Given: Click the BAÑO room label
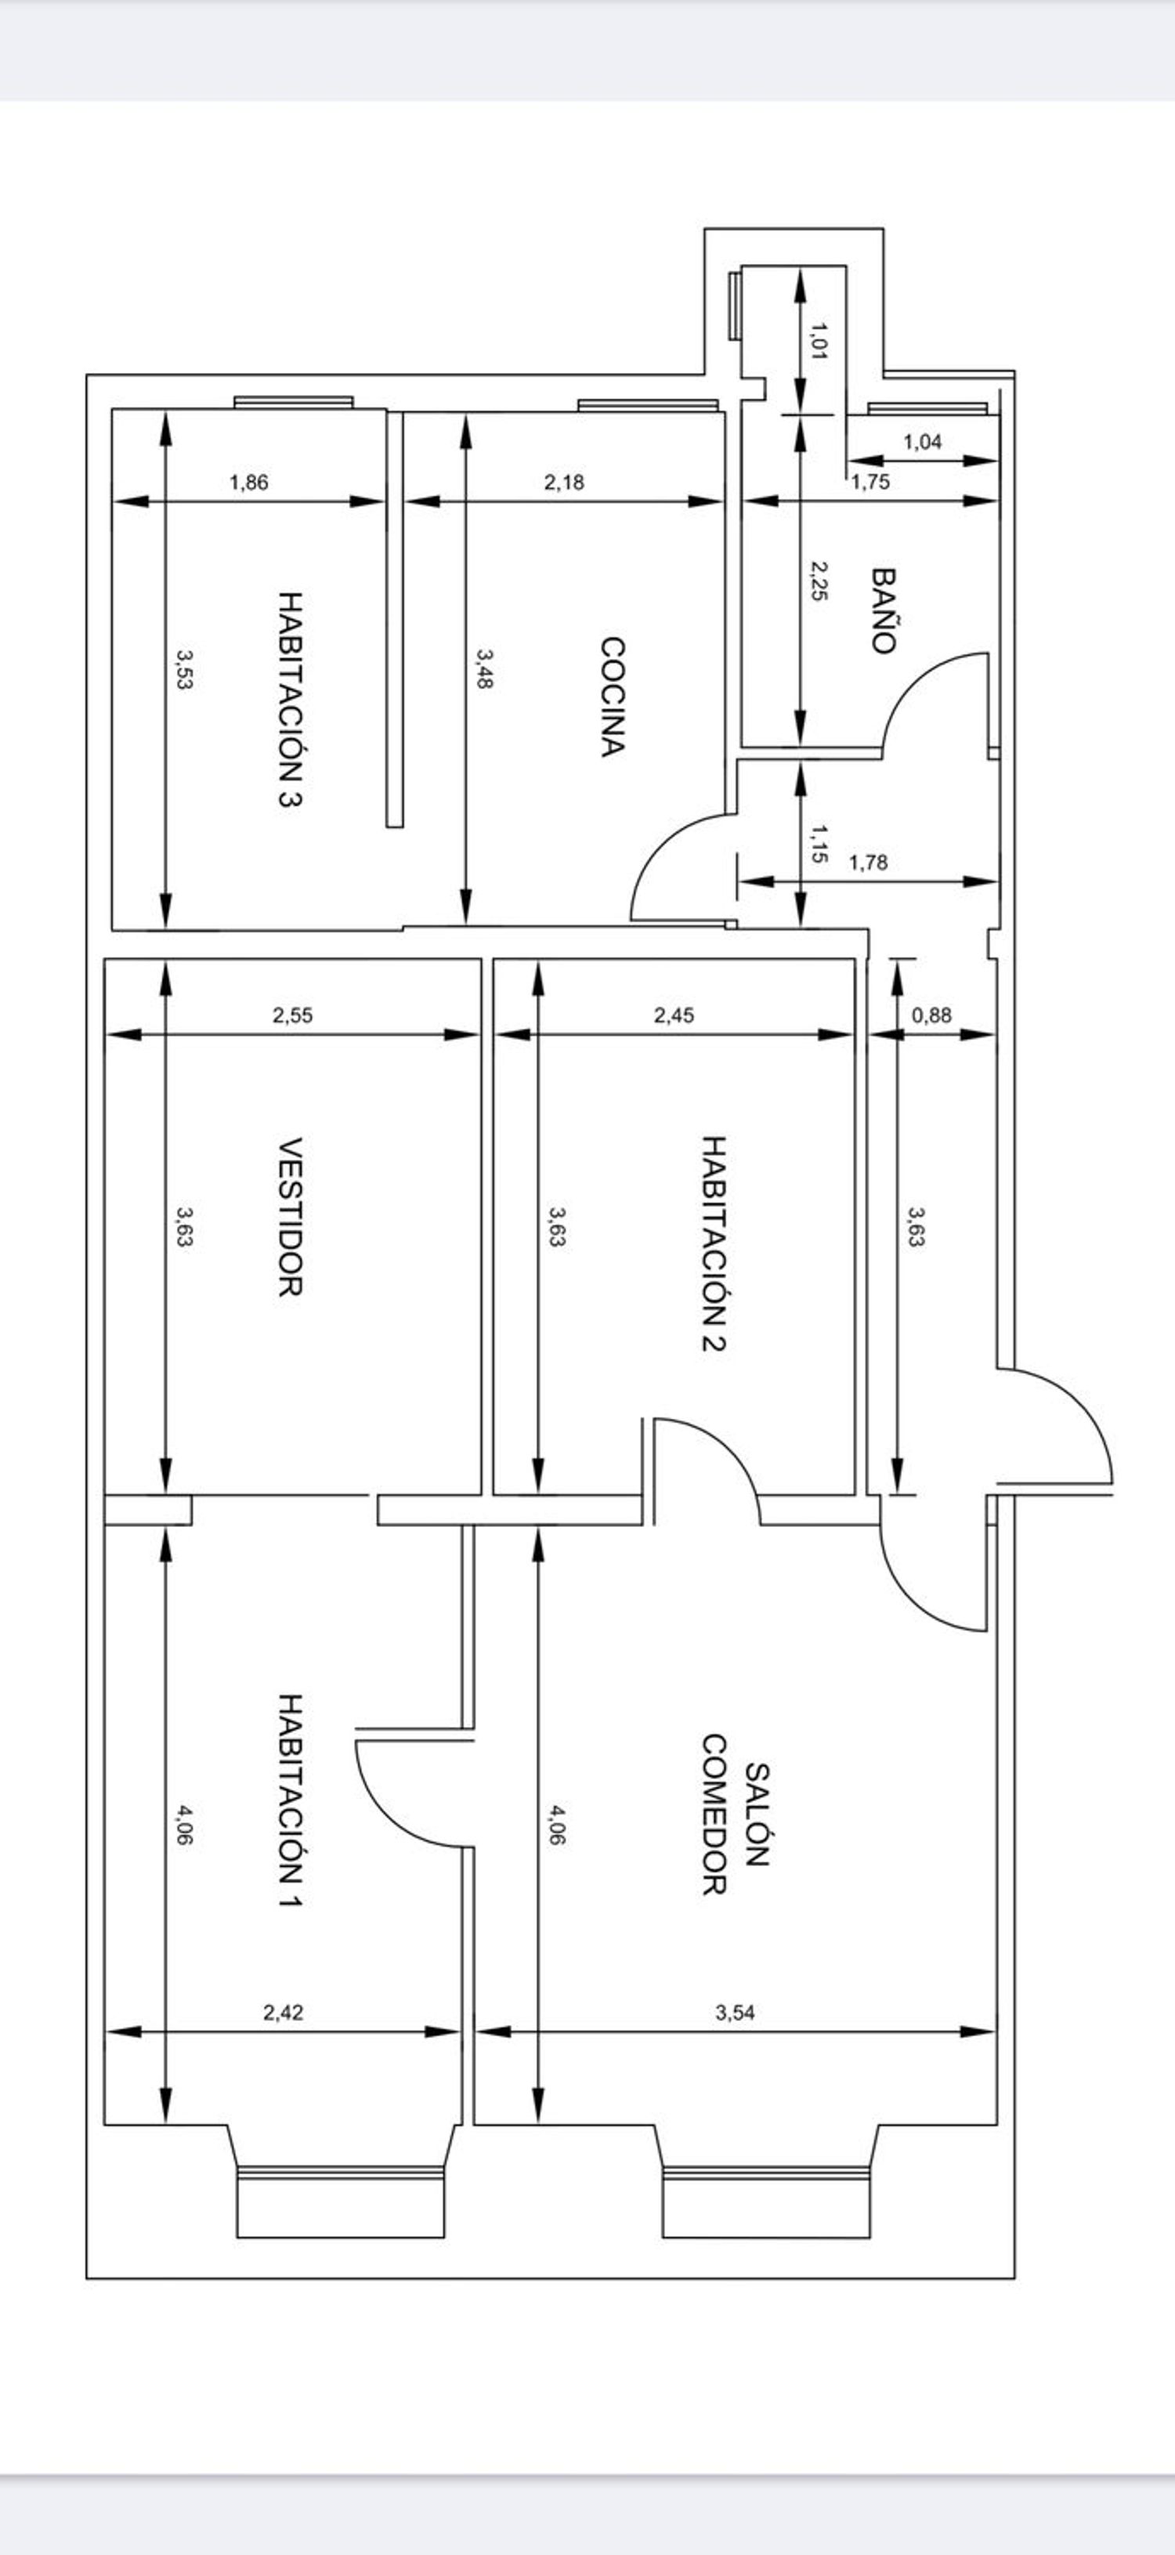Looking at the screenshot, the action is [x=884, y=610].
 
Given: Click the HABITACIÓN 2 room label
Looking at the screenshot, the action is [x=714, y=1243].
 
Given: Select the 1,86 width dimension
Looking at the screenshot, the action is [x=249, y=483].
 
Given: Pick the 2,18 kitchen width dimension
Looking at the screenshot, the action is [x=564, y=483].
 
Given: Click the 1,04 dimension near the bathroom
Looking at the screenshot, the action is [x=922, y=443].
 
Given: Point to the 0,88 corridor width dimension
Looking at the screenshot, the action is [x=931, y=1015].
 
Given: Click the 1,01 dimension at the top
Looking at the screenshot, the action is [x=819, y=340].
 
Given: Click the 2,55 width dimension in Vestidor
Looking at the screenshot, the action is [x=292, y=1015].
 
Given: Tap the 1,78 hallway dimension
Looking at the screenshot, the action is [x=869, y=863].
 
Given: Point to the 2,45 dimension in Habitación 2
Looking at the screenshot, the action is [x=674, y=1015].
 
